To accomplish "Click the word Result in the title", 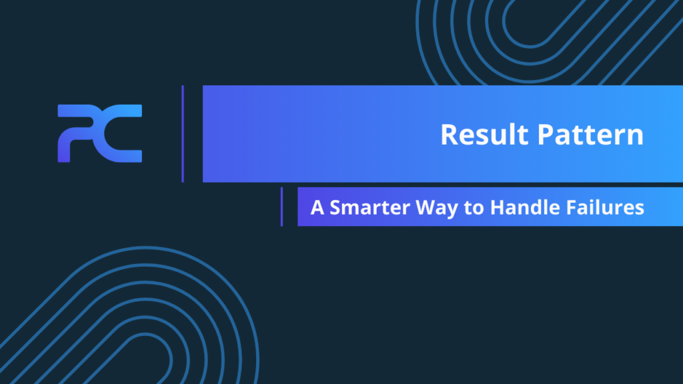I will point(486,135).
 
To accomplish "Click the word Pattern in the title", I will point(590,135).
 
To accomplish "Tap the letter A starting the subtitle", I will point(317,207).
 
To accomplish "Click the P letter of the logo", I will point(77,133).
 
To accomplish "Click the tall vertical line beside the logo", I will point(182,133).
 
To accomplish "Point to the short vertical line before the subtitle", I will point(281,207).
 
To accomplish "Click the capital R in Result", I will point(448,135).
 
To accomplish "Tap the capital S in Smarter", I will point(335,207).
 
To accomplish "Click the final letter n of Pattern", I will point(636,137).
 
